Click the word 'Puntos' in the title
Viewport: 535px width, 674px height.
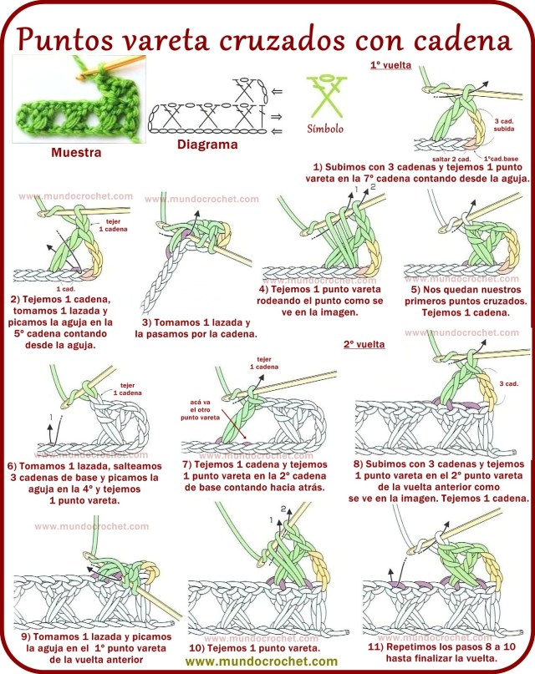pyautogui.click(x=64, y=39)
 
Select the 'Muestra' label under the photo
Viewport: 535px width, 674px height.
pyautogui.click(x=76, y=153)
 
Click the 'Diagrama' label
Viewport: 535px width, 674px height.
pyautogui.click(x=206, y=144)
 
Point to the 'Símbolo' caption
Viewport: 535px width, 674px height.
pyautogui.click(x=325, y=129)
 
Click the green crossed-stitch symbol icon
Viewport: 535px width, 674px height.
pyautogui.click(x=324, y=96)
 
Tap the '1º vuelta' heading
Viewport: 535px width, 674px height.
pyautogui.click(x=390, y=63)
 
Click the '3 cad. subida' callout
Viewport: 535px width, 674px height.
pyautogui.click(x=504, y=125)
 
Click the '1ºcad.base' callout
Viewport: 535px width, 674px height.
pyautogui.click(x=500, y=158)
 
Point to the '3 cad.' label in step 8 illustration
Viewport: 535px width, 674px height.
pyautogui.click(x=508, y=384)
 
